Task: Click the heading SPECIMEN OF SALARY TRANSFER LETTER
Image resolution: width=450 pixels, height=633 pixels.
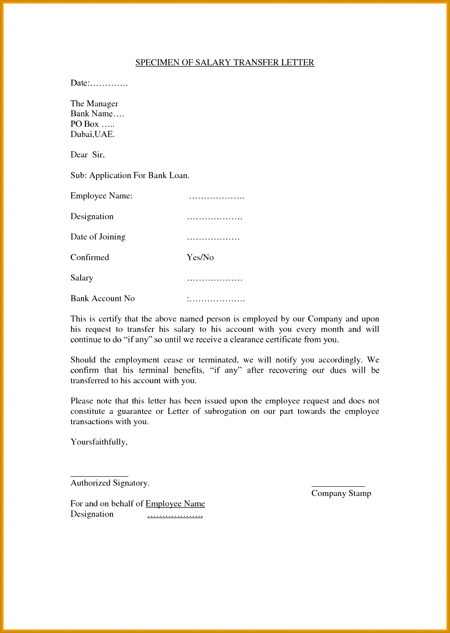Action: click(225, 63)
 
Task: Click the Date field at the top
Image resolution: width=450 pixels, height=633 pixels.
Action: click(99, 83)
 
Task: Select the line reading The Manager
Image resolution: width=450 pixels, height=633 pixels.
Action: click(94, 104)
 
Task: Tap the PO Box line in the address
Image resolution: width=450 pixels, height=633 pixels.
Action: click(92, 124)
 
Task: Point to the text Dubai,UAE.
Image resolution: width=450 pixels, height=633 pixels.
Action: click(93, 134)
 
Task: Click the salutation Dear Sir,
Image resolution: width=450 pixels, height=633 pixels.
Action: click(87, 155)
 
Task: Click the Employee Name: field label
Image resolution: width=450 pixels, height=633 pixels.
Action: click(101, 196)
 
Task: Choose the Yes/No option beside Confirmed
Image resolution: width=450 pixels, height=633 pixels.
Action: click(200, 258)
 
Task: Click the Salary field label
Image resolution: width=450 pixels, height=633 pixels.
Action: click(81, 278)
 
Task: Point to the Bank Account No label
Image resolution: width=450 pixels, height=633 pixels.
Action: click(102, 299)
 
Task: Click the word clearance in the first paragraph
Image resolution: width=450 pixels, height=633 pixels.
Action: click(246, 340)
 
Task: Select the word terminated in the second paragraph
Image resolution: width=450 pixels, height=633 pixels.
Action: click(219, 360)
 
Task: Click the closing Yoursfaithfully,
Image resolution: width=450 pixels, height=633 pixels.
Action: click(99, 442)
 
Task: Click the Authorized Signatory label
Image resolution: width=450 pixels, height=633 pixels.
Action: click(110, 483)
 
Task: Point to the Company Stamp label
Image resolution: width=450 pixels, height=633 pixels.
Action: click(341, 493)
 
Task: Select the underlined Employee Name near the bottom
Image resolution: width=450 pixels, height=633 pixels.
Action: click(175, 504)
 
